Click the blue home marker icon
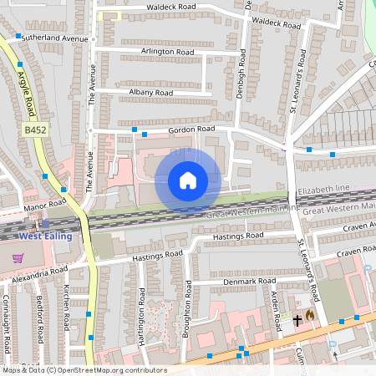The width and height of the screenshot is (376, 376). click(x=188, y=180)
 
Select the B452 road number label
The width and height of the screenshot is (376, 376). click(x=34, y=130)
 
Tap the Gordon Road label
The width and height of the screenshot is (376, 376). click(x=191, y=130)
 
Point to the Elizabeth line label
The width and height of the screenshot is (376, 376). click(x=326, y=191)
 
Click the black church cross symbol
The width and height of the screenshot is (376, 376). click(x=297, y=320)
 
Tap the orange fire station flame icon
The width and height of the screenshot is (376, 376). click(x=309, y=316)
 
